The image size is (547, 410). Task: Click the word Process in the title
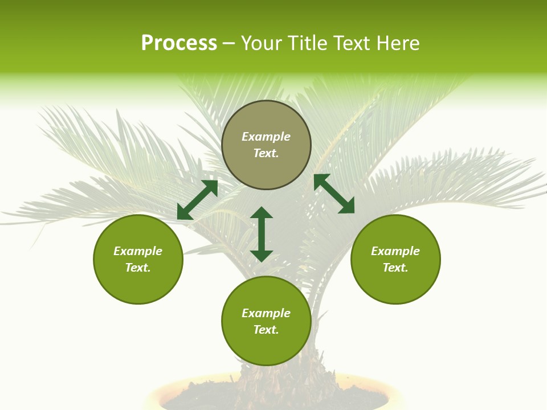pos(179,43)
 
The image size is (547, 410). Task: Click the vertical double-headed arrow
pos(262,234)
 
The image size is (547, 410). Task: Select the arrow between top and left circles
pos(197,200)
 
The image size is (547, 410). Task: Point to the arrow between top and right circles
pos(334,194)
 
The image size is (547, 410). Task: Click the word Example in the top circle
pos(266,137)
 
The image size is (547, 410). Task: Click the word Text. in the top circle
pos(266,153)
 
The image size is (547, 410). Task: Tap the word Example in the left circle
pos(138,251)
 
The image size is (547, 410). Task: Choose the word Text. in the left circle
pos(138,268)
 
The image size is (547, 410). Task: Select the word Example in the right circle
pos(395,251)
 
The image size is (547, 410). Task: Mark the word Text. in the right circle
pos(395,268)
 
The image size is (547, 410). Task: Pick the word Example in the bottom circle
pos(266,313)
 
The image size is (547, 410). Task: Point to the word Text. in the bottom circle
pos(266,330)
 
